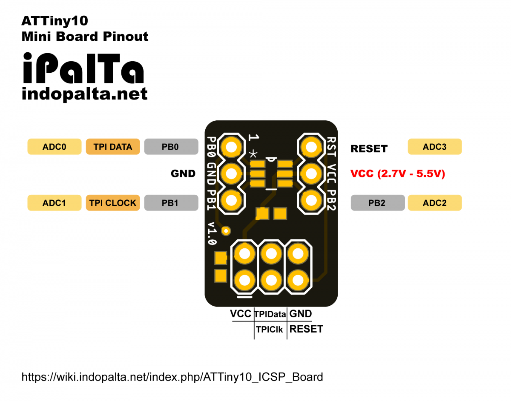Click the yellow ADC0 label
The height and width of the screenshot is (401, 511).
(54, 147)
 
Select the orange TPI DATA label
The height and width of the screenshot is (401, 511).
(112, 147)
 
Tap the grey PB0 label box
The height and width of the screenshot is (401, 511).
(171, 147)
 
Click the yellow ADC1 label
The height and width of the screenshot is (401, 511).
(54, 203)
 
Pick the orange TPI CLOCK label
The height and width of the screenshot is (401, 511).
(112, 203)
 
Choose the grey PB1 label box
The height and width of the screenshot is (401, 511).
(171, 203)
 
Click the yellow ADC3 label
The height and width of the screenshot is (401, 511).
(434, 147)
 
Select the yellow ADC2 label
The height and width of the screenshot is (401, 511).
(434, 203)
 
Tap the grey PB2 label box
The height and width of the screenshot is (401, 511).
(377, 203)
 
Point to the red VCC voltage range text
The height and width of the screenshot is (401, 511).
(397, 173)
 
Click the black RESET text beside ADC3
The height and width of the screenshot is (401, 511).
(369, 149)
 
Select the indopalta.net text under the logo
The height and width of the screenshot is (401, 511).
(84, 94)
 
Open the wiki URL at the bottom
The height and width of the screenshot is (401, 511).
(172, 377)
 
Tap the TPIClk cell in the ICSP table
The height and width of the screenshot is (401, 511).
(270, 329)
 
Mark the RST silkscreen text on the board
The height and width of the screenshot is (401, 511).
(332, 146)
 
